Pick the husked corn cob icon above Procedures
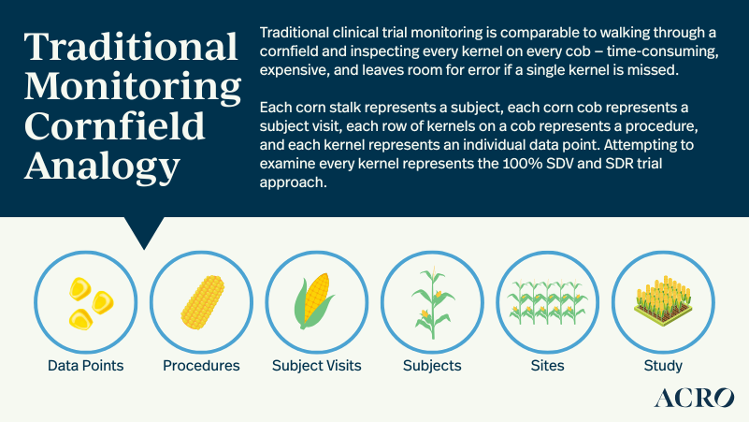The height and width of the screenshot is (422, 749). [201, 299]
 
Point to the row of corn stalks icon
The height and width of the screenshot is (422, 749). [547, 301]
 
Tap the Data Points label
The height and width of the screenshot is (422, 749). [86, 365]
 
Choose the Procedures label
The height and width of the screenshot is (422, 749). [201, 365]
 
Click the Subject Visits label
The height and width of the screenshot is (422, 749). [316, 365]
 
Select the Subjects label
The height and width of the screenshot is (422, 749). [432, 365]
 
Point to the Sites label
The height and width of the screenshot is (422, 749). [547, 365]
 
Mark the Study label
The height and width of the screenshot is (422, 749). [663, 365]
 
